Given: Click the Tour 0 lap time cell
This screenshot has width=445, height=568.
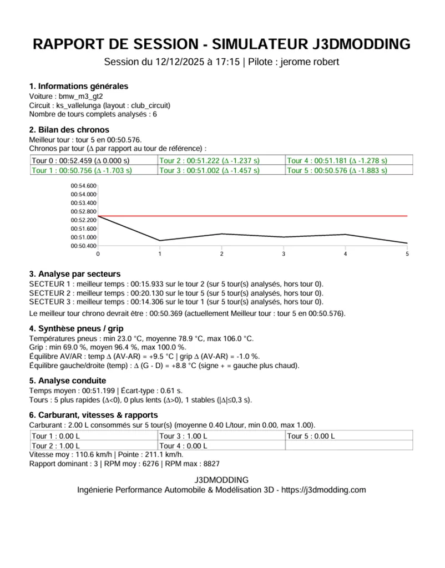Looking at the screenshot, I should tap(80, 161).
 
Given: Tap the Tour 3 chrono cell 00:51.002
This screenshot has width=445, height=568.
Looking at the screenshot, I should tap(209, 170).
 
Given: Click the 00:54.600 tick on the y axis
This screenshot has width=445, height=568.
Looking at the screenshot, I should tap(84, 186).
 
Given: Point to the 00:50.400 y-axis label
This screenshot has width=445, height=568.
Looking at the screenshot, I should tap(84, 246).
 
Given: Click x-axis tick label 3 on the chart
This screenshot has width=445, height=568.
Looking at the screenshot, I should tap(284, 254).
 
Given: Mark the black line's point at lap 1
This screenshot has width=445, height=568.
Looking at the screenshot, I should tap(160, 241).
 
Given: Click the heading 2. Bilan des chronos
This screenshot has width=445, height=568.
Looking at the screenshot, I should tap(69, 130).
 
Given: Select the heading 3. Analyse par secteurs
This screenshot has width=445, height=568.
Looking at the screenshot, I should tap(75, 274).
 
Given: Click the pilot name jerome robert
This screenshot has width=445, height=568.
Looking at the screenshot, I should tap(311, 62).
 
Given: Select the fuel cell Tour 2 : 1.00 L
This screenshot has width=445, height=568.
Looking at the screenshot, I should tap(56, 445).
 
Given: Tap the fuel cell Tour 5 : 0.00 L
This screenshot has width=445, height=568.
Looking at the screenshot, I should tap(311, 436).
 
